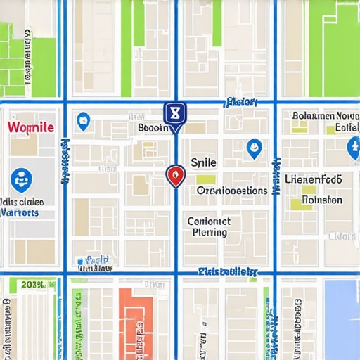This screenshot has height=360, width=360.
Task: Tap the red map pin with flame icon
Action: click(x=175, y=174)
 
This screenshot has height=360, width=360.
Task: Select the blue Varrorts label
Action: click(x=22, y=212)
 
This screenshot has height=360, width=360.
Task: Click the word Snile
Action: click(x=203, y=162)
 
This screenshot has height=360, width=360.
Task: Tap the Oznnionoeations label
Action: click(x=232, y=191)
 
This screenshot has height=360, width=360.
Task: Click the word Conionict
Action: click(x=209, y=221)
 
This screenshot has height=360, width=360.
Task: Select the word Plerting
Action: click(x=210, y=232)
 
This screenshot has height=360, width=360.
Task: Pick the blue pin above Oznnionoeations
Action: click(x=254, y=148)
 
